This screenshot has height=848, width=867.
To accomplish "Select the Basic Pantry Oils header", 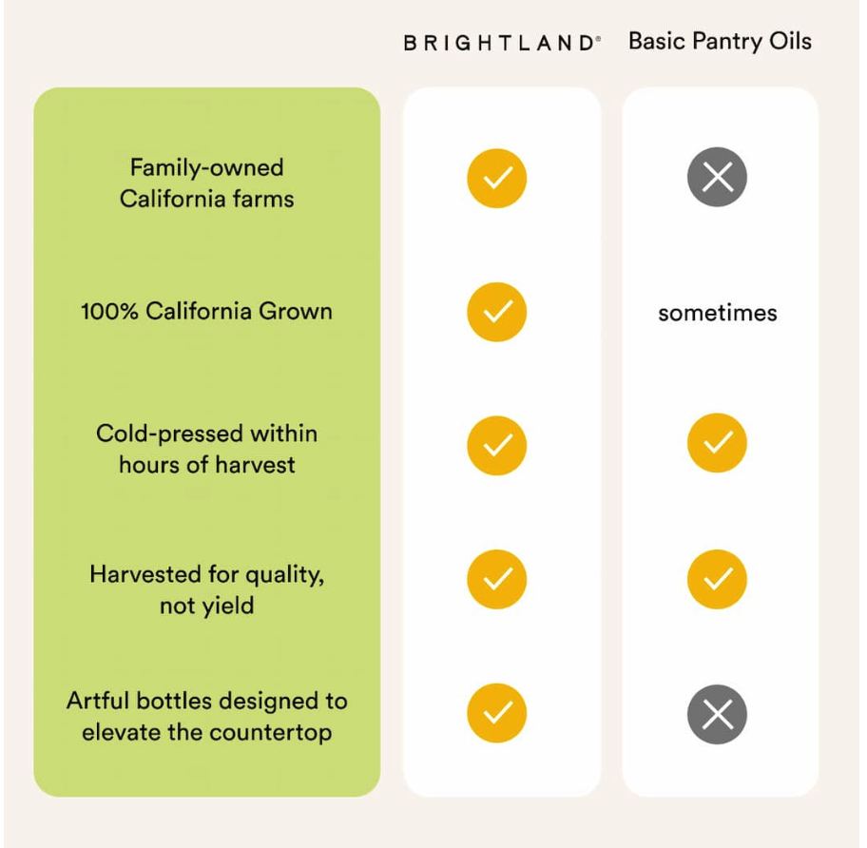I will pyautogui.click(x=720, y=42).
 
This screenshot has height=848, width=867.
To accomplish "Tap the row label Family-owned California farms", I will pyautogui.click(x=206, y=183).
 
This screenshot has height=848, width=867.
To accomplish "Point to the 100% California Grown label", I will pyautogui.click(x=206, y=311).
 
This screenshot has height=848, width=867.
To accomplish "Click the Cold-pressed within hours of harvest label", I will pyautogui.click(x=206, y=449).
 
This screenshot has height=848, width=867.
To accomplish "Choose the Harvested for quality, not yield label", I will pyautogui.click(x=206, y=589).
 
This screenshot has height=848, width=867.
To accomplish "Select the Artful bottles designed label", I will pyautogui.click(x=206, y=717).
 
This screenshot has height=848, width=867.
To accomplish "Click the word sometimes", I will pyautogui.click(x=717, y=313).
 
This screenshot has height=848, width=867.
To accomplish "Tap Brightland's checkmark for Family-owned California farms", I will pyautogui.click(x=496, y=178).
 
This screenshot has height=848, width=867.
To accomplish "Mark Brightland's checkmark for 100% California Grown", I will pyautogui.click(x=496, y=312).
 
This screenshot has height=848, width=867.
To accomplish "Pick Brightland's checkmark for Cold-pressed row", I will pyautogui.click(x=496, y=445).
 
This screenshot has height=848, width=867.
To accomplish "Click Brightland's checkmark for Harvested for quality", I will pyautogui.click(x=496, y=579).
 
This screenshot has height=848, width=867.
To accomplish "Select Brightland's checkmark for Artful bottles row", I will pyautogui.click(x=496, y=713).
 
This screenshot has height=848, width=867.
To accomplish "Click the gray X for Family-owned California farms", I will pyautogui.click(x=717, y=178).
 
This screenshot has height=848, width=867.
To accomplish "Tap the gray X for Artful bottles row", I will pyautogui.click(x=717, y=714).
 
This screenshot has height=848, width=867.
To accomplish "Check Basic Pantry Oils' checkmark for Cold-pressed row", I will pyautogui.click(x=717, y=443).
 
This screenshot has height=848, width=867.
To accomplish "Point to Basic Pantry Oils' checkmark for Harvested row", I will pyautogui.click(x=717, y=579).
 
